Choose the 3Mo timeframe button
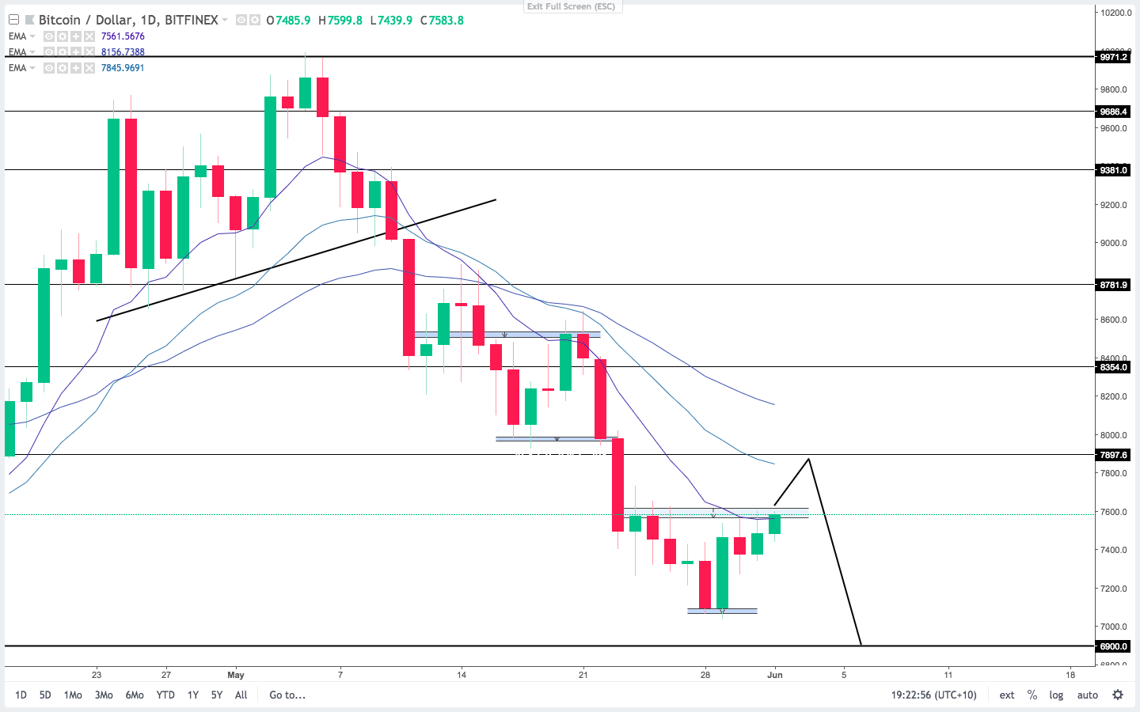click(x=104, y=695)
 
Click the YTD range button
click(x=165, y=695)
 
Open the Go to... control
click(x=287, y=695)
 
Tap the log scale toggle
click(x=1056, y=695)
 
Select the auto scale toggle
click(x=1087, y=695)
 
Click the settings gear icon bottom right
click(x=1118, y=695)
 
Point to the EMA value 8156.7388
click(x=123, y=52)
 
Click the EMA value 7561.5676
click(x=123, y=36)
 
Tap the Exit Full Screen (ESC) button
click(x=571, y=6)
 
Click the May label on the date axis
click(x=236, y=675)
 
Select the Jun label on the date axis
click(x=775, y=675)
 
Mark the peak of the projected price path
click(x=808, y=459)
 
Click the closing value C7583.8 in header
click(x=442, y=20)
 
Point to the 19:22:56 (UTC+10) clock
click(x=933, y=695)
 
